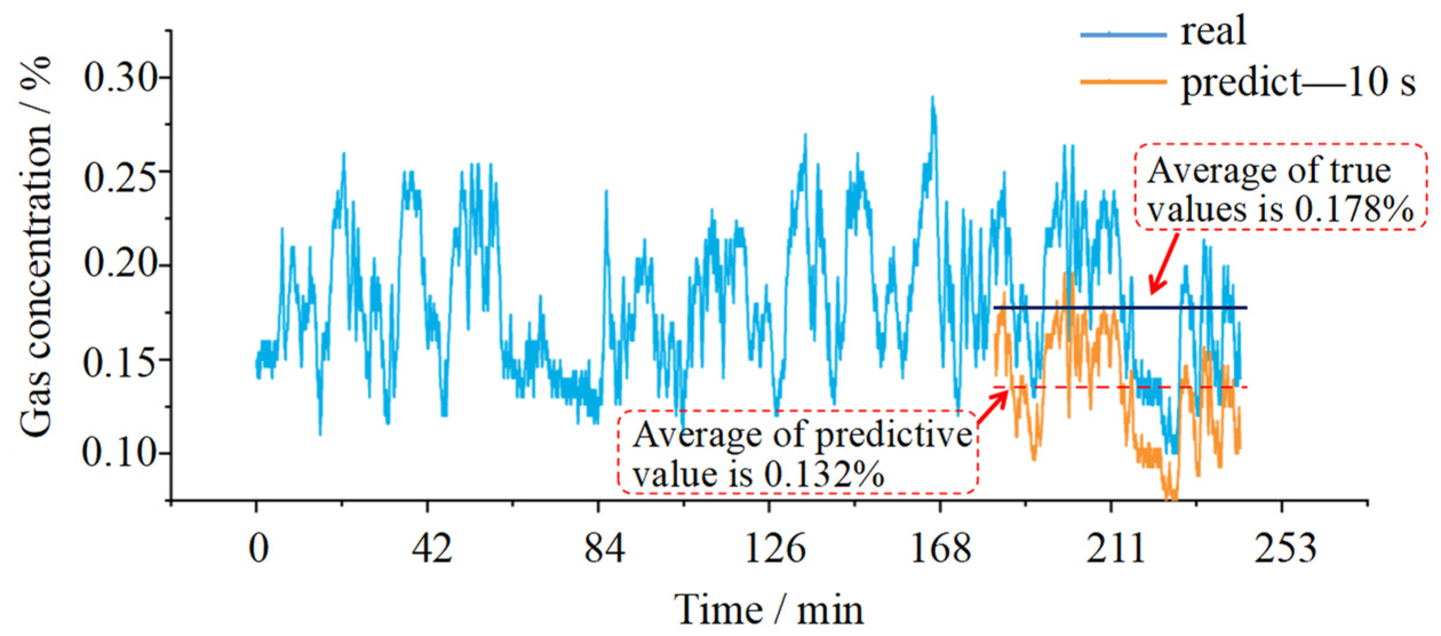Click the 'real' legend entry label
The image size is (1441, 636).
(1213, 31)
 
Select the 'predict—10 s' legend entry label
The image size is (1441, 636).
(1298, 83)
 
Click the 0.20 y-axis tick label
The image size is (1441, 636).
(120, 264)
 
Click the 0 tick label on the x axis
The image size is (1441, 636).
(258, 549)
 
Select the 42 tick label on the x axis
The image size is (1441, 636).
(432, 549)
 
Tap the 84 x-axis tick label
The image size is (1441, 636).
(604, 549)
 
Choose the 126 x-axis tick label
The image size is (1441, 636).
(775, 549)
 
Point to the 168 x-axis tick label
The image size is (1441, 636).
(940, 549)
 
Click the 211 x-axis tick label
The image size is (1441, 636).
(1115, 549)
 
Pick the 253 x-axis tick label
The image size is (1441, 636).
(1285, 549)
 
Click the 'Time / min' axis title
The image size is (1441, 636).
(768, 610)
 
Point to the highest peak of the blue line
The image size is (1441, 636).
(932, 98)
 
